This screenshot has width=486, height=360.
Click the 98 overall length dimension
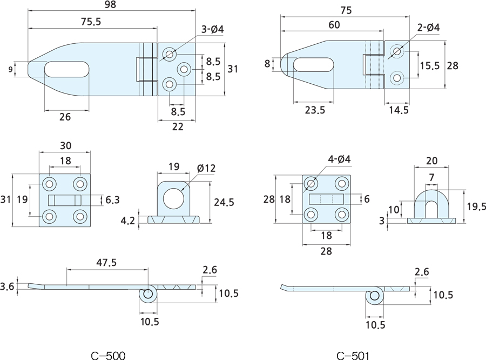[x=111, y=5]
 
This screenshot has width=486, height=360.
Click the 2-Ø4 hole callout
[x=428, y=27]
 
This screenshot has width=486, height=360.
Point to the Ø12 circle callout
[x=206, y=168]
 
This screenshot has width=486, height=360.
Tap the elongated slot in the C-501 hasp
[x=314, y=64]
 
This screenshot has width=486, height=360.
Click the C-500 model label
[x=108, y=355]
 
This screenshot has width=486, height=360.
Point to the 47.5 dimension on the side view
[x=106, y=263]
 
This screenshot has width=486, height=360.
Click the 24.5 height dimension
[x=224, y=202]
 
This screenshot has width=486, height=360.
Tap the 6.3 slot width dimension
[x=112, y=200]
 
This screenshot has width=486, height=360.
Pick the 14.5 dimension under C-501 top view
[x=398, y=110]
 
